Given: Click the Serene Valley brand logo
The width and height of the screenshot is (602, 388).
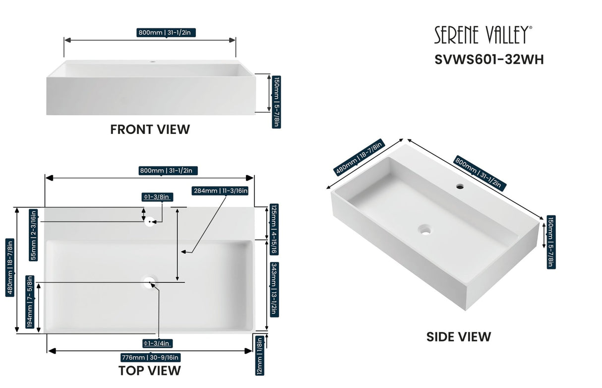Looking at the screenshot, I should [x=483, y=36].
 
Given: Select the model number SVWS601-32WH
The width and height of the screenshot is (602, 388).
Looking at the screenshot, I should [x=489, y=60].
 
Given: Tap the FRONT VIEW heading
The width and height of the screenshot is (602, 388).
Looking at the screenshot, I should [x=150, y=129].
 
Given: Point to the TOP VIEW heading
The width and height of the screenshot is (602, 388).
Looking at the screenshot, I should [x=149, y=370].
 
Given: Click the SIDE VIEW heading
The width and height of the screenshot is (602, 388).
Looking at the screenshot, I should [x=459, y=337].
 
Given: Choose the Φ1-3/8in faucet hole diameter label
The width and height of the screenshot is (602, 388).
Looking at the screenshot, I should [x=157, y=197].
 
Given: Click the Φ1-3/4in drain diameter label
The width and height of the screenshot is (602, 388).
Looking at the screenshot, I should [x=157, y=343].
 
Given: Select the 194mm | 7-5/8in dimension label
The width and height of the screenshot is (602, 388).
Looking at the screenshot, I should [x=30, y=302].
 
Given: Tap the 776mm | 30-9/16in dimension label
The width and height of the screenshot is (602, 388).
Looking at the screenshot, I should [x=150, y=357].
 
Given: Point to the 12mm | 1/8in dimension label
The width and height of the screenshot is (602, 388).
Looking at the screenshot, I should [x=260, y=356].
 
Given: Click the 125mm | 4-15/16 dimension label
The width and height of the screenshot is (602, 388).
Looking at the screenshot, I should [x=274, y=223].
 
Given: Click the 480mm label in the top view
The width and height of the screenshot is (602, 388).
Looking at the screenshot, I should [x=9, y=268].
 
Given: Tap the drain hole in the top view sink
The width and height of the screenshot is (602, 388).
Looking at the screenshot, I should [x=149, y=282].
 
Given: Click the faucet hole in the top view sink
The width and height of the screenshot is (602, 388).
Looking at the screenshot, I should [x=149, y=221].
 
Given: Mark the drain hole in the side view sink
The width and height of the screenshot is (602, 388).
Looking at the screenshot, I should [x=424, y=229].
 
